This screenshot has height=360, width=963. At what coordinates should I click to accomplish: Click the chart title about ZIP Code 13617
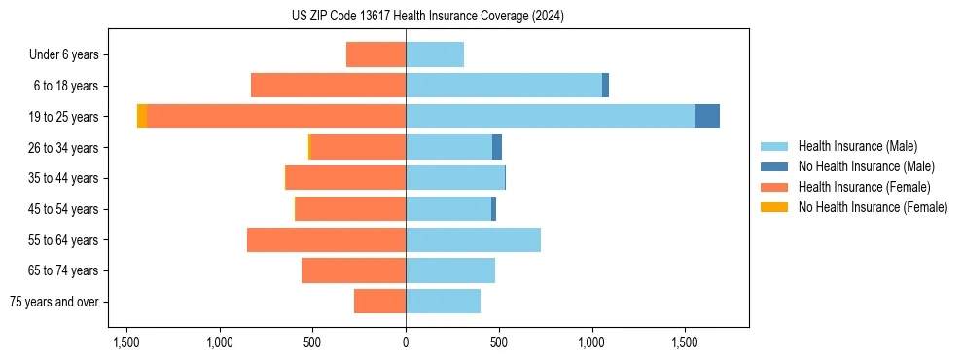(427, 17)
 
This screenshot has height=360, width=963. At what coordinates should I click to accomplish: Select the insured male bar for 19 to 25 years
(550, 117)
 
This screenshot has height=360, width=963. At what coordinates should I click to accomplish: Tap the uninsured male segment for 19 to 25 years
(707, 117)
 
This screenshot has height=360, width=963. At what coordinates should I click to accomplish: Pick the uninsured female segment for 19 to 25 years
(142, 117)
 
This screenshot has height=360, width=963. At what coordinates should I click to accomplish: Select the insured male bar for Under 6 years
(435, 55)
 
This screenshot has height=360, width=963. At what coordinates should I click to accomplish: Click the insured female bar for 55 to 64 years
(326, 240)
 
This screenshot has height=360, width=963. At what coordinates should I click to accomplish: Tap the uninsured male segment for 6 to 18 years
(605, 86)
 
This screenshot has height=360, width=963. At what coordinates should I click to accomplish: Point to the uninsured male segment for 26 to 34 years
(497, 148)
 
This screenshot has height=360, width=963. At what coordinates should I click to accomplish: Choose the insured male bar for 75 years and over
(443, 302)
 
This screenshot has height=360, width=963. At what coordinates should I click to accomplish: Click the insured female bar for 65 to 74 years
(353, 270)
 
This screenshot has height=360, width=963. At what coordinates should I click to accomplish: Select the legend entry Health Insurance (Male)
(857, 146)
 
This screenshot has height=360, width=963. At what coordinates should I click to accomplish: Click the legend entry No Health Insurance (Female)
(873, 207)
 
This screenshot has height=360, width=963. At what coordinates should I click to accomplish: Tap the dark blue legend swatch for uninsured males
(774, 166)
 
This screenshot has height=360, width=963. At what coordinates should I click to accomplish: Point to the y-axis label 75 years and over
(54, 303)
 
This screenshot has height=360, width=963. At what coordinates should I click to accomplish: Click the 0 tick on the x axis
(406, 343)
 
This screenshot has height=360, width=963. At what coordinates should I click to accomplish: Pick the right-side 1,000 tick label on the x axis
(591, 343)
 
